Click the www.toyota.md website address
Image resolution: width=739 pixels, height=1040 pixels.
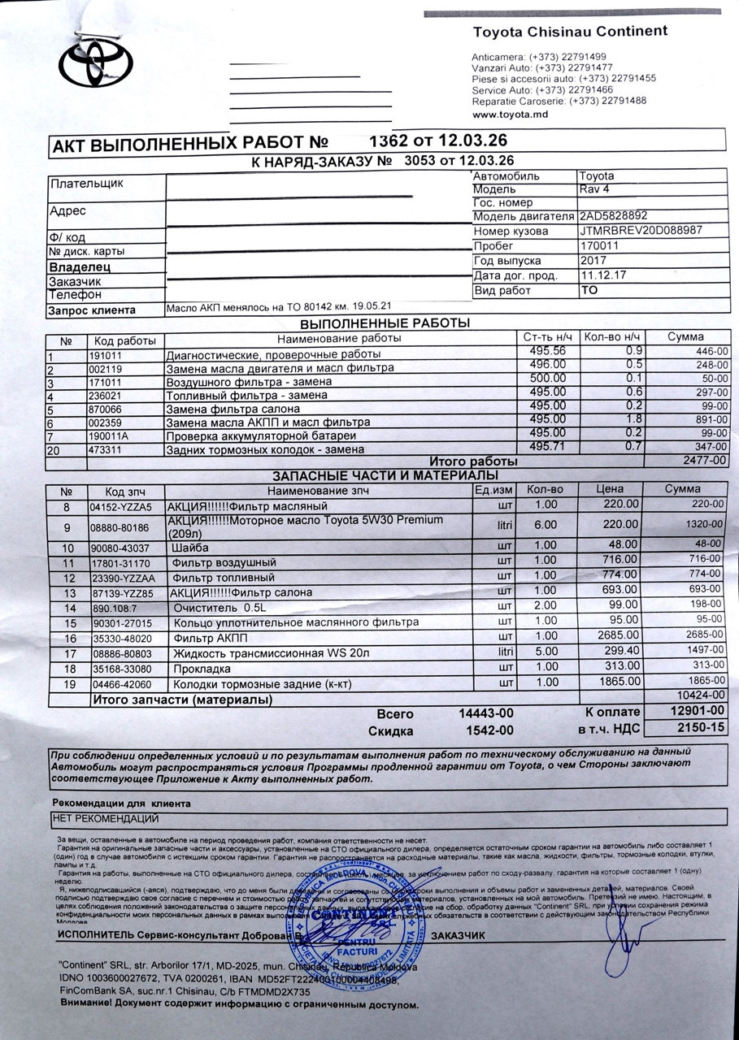click(510, 115)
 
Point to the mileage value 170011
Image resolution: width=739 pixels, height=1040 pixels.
click(600, 246)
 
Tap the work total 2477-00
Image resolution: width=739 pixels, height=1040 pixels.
click(704, 460)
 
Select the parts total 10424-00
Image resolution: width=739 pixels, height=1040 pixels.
click(702, 696)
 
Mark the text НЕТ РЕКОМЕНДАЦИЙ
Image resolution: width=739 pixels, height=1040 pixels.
click(105, 818)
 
